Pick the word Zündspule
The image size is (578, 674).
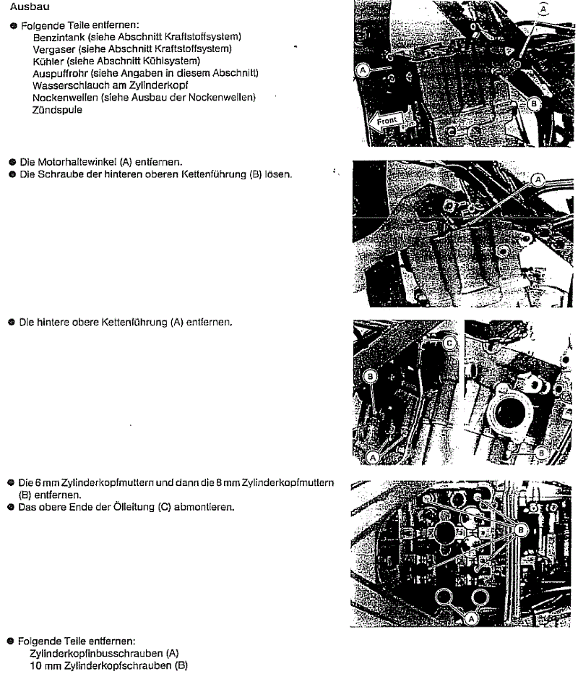click(x=57, y=110)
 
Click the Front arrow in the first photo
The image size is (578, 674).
click(x=387, y=121)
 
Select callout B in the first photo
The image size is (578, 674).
click(x=534, y=104)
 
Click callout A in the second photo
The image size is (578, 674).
click(x=538, y=178)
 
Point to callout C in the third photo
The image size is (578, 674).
click(x=449, y=342)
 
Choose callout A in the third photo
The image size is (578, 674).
click(x=373, y=457)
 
